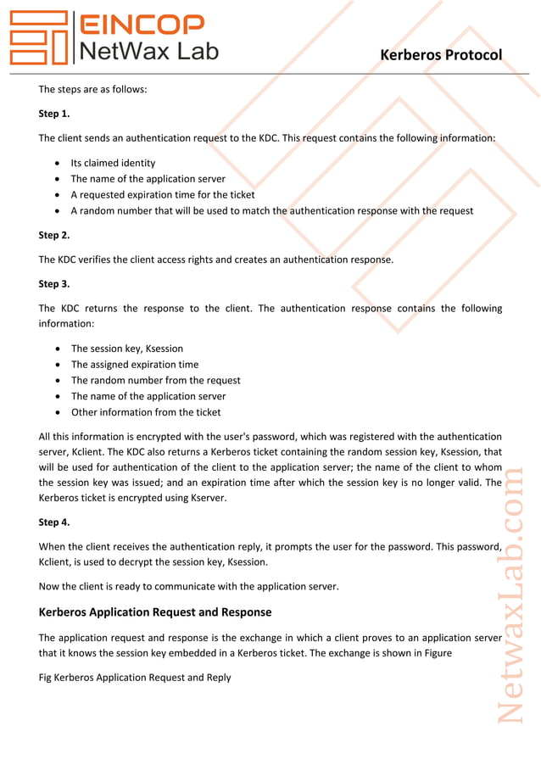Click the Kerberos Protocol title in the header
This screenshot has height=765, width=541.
pyautogui.click(x=441, y=55)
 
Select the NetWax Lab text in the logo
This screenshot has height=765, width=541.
pyautogui.click(x=148, y=51)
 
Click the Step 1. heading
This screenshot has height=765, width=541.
pyautogui.click(x=54, y=114)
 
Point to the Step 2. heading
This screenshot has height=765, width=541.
pyautogui.click(x=54, y=235)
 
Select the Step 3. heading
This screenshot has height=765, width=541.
pyautogui.click(x=54, y=284)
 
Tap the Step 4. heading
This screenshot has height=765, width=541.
pyautogui.click(x=54, y=522)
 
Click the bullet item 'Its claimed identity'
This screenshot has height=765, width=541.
pyautogui.click(x=113, y=163)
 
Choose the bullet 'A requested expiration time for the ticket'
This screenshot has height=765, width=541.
pyautogui.click(x=162, y=195)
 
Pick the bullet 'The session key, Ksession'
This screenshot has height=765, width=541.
pyautogui.click(x=126, y=349)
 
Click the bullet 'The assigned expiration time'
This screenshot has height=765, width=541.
pyautogui.click(x=134, y=365)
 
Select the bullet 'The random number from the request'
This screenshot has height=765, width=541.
pyautogui.click(x=155, y=381)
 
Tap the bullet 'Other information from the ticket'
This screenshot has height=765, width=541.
pyautogui.click(x=145, y=412)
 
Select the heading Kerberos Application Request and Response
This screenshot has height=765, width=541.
pyautogui.click(x=155, y=612)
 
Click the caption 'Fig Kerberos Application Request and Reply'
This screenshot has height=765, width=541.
pyautogui.click(x=135, y=678)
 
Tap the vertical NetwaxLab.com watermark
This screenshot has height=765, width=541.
pyautogui.click(x=510, y=594)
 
